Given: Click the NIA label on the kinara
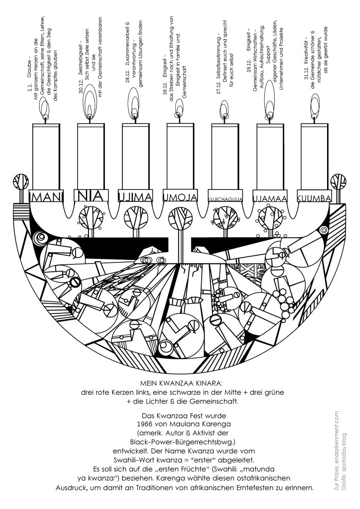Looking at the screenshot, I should pyautogui.click(x=91, y=196).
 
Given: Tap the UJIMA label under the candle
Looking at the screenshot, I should pyautogui.click(x=136, y=197).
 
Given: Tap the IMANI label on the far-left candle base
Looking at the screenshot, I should pyautogui.click(x=46, y=197).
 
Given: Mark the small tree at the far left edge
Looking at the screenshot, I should pyautogui.click(x=21, y=182).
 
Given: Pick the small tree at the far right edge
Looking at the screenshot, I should pyautogui.click(x=339, y=182).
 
